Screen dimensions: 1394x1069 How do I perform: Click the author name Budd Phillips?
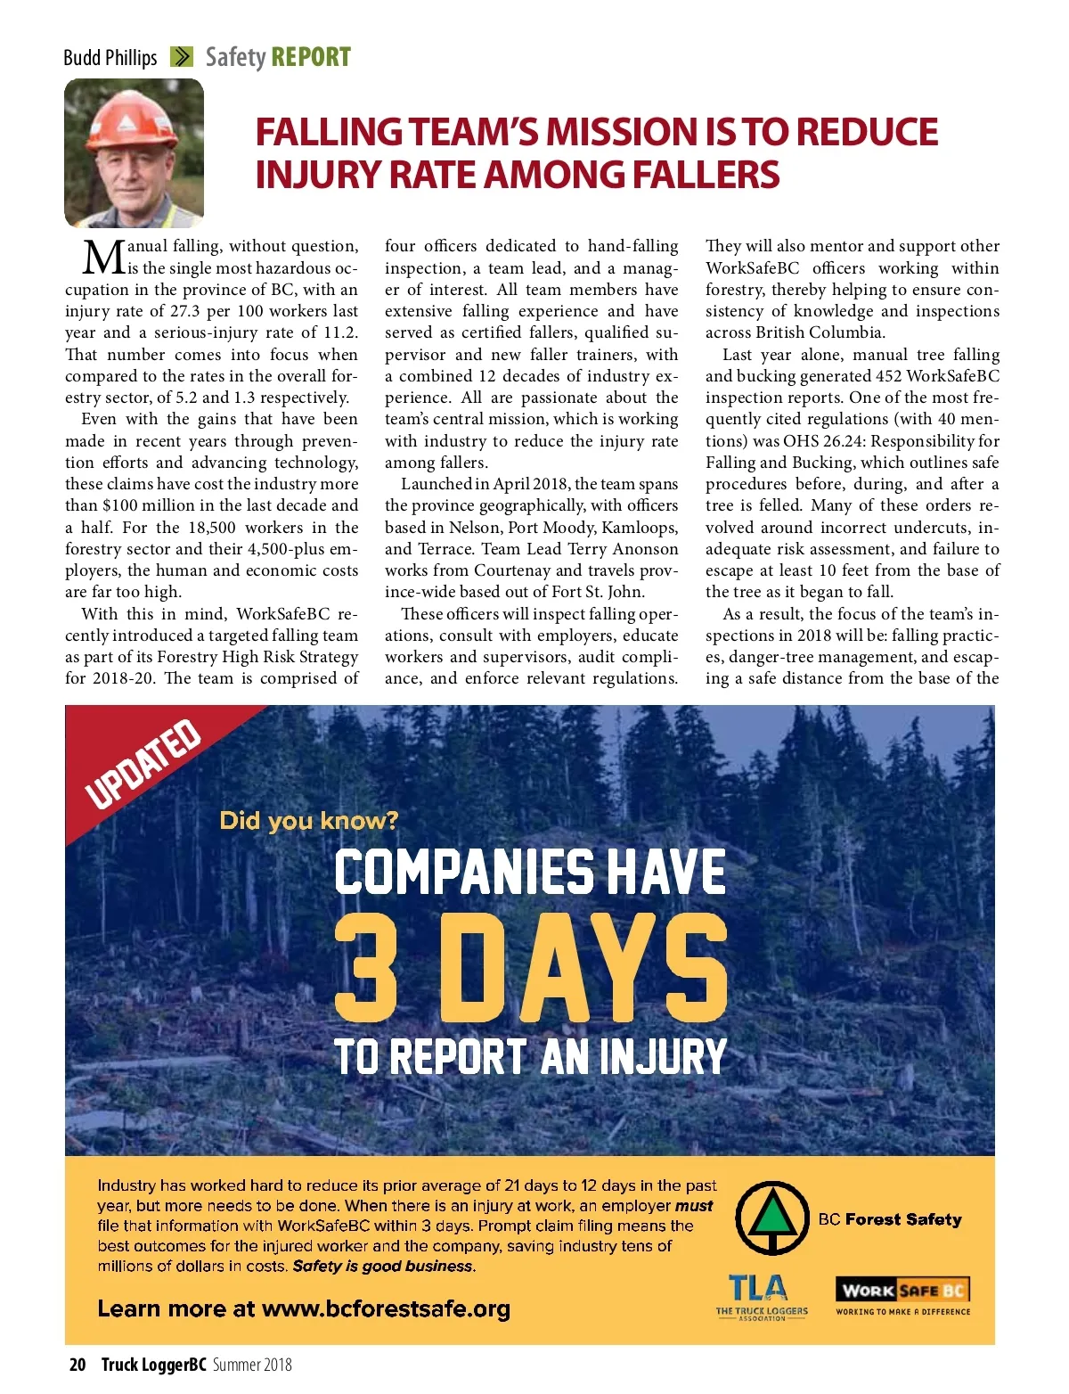point(110,58)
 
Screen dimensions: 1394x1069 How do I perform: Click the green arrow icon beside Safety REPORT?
point(182,57)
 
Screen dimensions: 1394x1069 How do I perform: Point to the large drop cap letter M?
point(104,258)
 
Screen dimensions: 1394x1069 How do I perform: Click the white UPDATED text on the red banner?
point(143,764)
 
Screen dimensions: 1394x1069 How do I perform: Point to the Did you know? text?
point(308,820)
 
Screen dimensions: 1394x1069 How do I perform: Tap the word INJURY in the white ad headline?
point(663,1057)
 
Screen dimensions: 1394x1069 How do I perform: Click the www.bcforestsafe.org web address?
point(386,1308)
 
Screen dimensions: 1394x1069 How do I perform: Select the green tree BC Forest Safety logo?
point(771,1218)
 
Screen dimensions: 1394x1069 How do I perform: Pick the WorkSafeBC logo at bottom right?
point(902,1295)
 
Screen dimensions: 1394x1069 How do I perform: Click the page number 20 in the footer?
point(78,1365)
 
